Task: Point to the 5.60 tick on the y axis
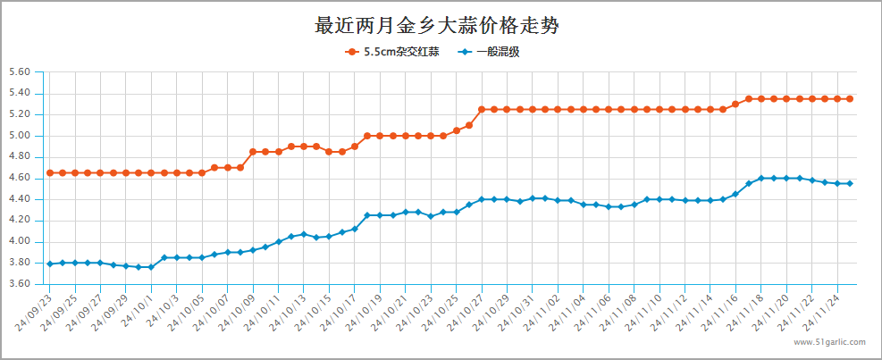pos(19,72)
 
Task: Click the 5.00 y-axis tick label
pos(19,136)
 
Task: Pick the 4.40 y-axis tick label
pos(19,199)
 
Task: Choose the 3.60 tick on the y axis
pos(19,284)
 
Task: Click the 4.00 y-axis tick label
pos(19,241)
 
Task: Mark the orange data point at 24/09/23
pos(49,172)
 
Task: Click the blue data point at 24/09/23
pos(49,264)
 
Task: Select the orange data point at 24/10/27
pos(482,109)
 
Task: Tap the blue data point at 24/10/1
pos(151,267)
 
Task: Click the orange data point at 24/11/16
pos(735,104)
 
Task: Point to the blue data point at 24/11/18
pos(760,178)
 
